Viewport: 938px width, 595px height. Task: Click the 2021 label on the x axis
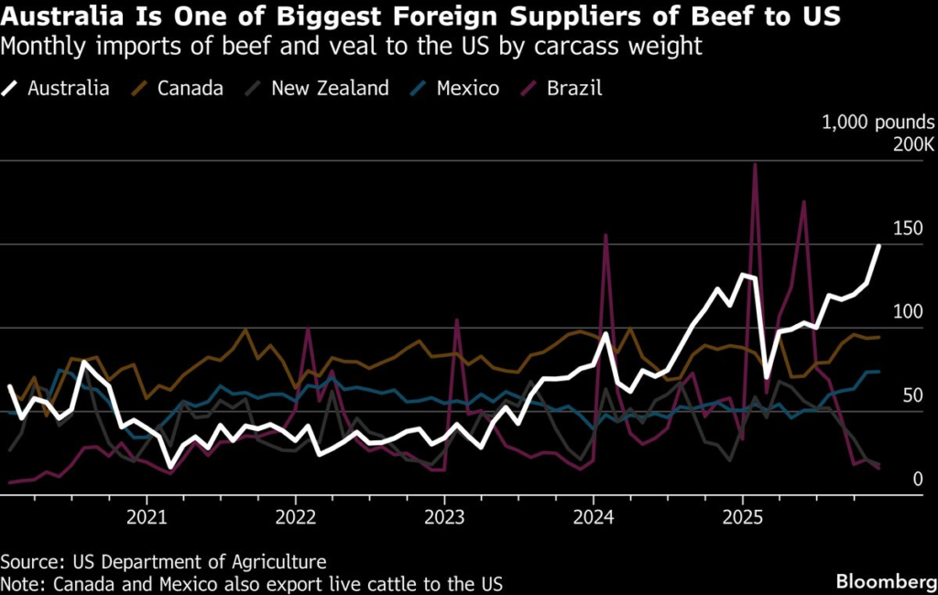pyautogui.click(x=147, y=518)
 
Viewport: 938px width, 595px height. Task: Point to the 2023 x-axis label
pyautogui.click(x=444, y=518)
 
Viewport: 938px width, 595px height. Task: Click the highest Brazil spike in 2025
pyautogui.click(x=754, y=166)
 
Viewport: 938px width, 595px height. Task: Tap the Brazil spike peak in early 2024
pyautogui.click(x=605, y=235)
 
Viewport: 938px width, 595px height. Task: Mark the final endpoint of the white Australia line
pyautogui.click(x=878, y=245)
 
